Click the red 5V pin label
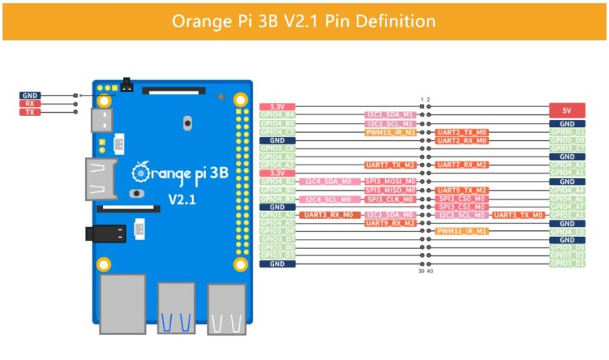click(567, 109)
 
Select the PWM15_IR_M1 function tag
click(390, 132)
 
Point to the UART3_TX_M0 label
click(518, 215)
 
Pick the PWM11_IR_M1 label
click(462, 231)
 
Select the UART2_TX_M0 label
click(462, 132)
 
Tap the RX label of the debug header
click(30, 104)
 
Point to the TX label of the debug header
click(30, 112)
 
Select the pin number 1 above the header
click(421, 99)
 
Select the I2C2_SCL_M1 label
click(390, 124)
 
